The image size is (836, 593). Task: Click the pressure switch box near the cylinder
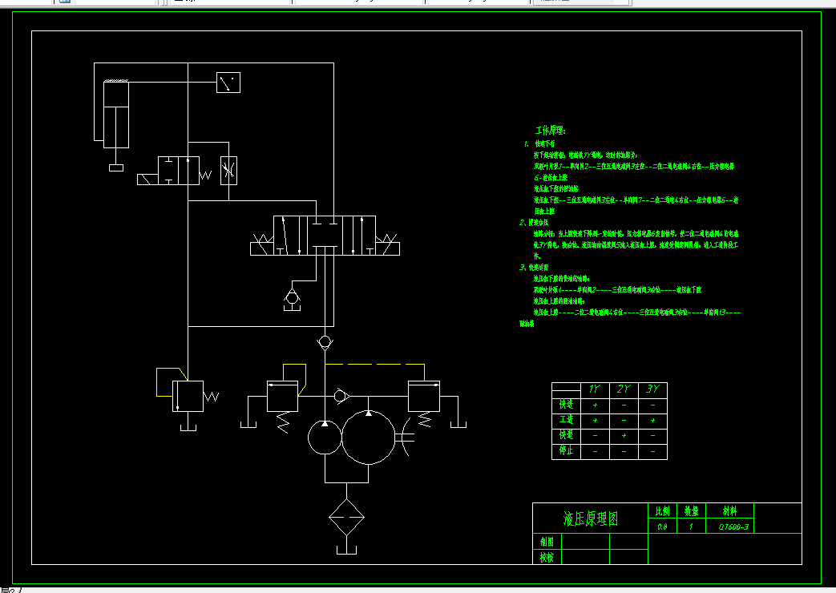[228, 83]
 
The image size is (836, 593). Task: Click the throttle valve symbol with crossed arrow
[228, 170]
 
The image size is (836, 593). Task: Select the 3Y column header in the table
[653, 389]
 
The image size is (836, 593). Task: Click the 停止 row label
[566, 451]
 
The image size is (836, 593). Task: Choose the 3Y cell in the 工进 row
[653, 420]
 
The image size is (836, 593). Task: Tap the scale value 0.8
[661, 526]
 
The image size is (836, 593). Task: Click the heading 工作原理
[551, 129]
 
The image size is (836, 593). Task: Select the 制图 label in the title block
[547, 542]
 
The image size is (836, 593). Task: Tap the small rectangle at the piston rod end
[116, 167]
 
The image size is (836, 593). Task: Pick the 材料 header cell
[729, 510]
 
